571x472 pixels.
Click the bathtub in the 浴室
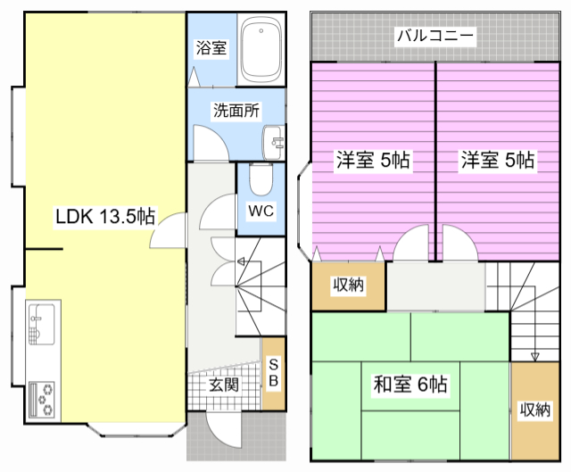coord(261,49)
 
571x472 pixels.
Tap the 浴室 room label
coord(211,48)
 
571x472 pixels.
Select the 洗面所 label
coord(236,111)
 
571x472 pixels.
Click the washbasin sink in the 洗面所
coord(273,143)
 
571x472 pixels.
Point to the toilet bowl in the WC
coord(261,180)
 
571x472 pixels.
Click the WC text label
coord(261,211)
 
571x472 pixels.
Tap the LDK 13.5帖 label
coord(105,216)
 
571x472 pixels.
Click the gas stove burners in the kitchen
coord(42,399)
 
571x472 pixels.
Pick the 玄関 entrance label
coord(224,385)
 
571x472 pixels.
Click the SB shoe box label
coord(274,373)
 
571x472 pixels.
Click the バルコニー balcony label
coord(435,36)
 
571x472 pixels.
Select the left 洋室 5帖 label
coord(373,160)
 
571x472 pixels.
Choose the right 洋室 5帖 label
coord(498,160)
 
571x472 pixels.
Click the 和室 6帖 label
coord(410,385)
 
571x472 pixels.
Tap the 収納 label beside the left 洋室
coord(349,285)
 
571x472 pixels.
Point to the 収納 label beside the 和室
coord(534,410)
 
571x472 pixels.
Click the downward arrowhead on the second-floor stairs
coord(534,357)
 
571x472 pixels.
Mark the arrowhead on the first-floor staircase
coord(241,261)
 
